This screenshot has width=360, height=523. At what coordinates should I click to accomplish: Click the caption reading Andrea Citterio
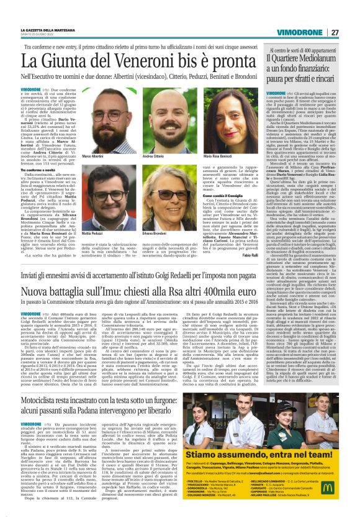pyautogui.click(x=154, y=156)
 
